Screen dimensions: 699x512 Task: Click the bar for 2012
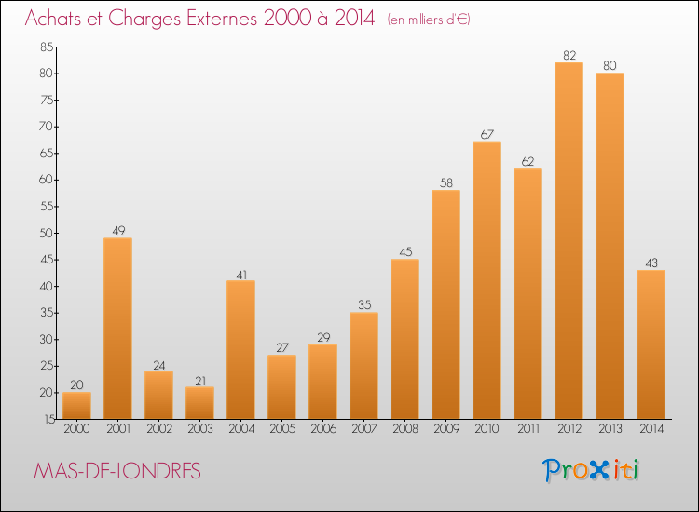coord(569,240)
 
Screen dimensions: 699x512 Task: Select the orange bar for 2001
coord(117,328)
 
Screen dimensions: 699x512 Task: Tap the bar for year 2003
coord(199,403)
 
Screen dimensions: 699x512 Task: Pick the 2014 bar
coord(651,344)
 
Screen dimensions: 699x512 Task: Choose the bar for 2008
coord(404,339)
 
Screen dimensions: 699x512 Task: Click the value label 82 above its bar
coord(569,55)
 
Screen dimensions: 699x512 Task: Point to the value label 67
coord(487,134)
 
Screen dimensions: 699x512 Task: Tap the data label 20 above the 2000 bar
coord(76,384)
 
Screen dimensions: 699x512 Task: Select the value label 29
coord(323,338)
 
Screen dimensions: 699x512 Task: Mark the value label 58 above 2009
coord(446,183)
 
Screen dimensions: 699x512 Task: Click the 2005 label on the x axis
coord(282,429)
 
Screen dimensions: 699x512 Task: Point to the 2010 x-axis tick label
coord(487,429)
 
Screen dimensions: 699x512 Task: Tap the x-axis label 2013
coord(610,429)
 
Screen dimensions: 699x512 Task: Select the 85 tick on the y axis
coord(47,47)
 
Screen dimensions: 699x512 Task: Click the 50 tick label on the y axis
coord(47,233)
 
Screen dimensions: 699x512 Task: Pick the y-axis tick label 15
coord(49,419)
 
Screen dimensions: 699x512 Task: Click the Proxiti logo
coord(591,470)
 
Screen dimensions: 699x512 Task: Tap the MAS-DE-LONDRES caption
coord(117,471)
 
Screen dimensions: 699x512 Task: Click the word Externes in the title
coord(222,19)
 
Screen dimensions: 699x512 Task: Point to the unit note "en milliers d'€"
coord(429,20)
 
